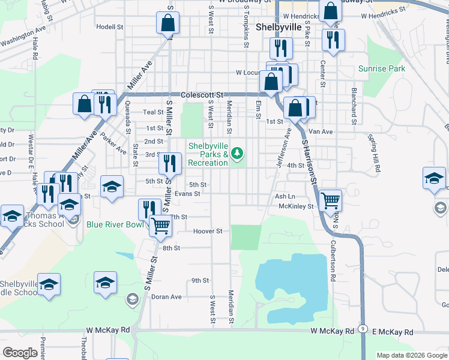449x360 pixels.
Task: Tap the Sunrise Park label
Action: point(382,68)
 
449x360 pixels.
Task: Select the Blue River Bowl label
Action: point(115,224)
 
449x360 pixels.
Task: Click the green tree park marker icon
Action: point(238,155)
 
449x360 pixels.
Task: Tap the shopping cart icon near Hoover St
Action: point(160,227)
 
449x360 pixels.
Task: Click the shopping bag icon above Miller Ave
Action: point(168,25)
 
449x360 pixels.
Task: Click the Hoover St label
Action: point(208,231)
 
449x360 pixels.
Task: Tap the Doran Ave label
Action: point(166,296)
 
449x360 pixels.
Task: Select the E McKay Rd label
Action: point(393,332)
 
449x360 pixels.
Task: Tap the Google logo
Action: point(20,353)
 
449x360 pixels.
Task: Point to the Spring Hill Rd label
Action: point(375,153)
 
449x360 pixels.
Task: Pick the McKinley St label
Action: point(297,206)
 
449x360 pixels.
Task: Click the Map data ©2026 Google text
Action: point(411,355)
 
